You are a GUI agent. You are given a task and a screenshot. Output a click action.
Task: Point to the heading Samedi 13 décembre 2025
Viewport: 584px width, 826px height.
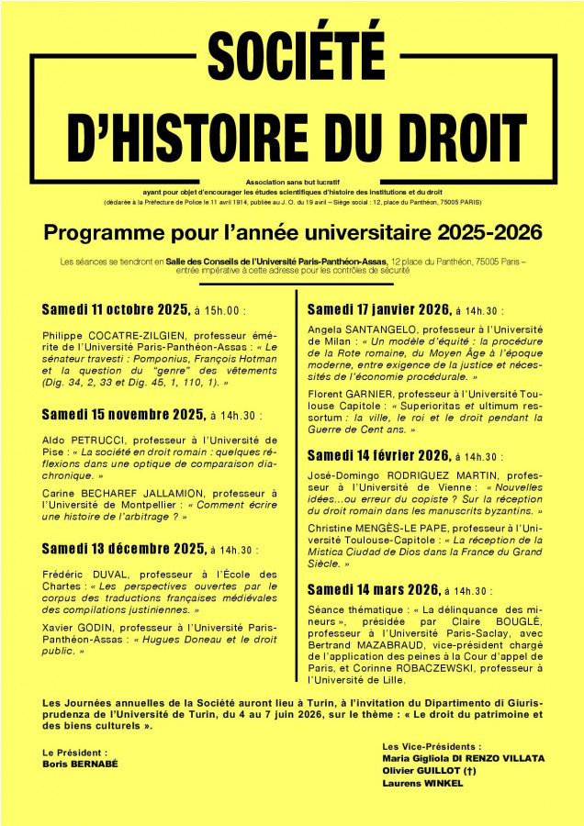coord(123,549)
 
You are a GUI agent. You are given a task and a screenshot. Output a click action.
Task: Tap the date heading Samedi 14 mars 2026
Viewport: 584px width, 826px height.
coord(373,590)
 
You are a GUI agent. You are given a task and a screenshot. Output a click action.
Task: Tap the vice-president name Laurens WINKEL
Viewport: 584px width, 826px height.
coord(423,784)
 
